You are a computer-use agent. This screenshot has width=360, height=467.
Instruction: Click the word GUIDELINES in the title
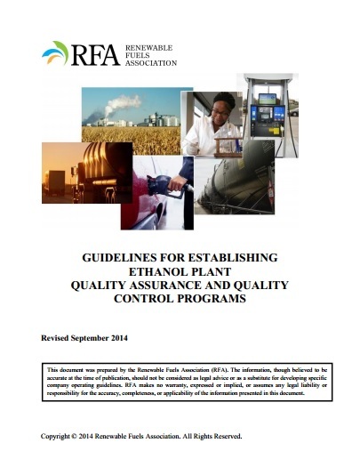click(119, 258)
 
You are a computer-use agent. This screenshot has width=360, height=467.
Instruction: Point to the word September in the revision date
click(101, 340)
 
